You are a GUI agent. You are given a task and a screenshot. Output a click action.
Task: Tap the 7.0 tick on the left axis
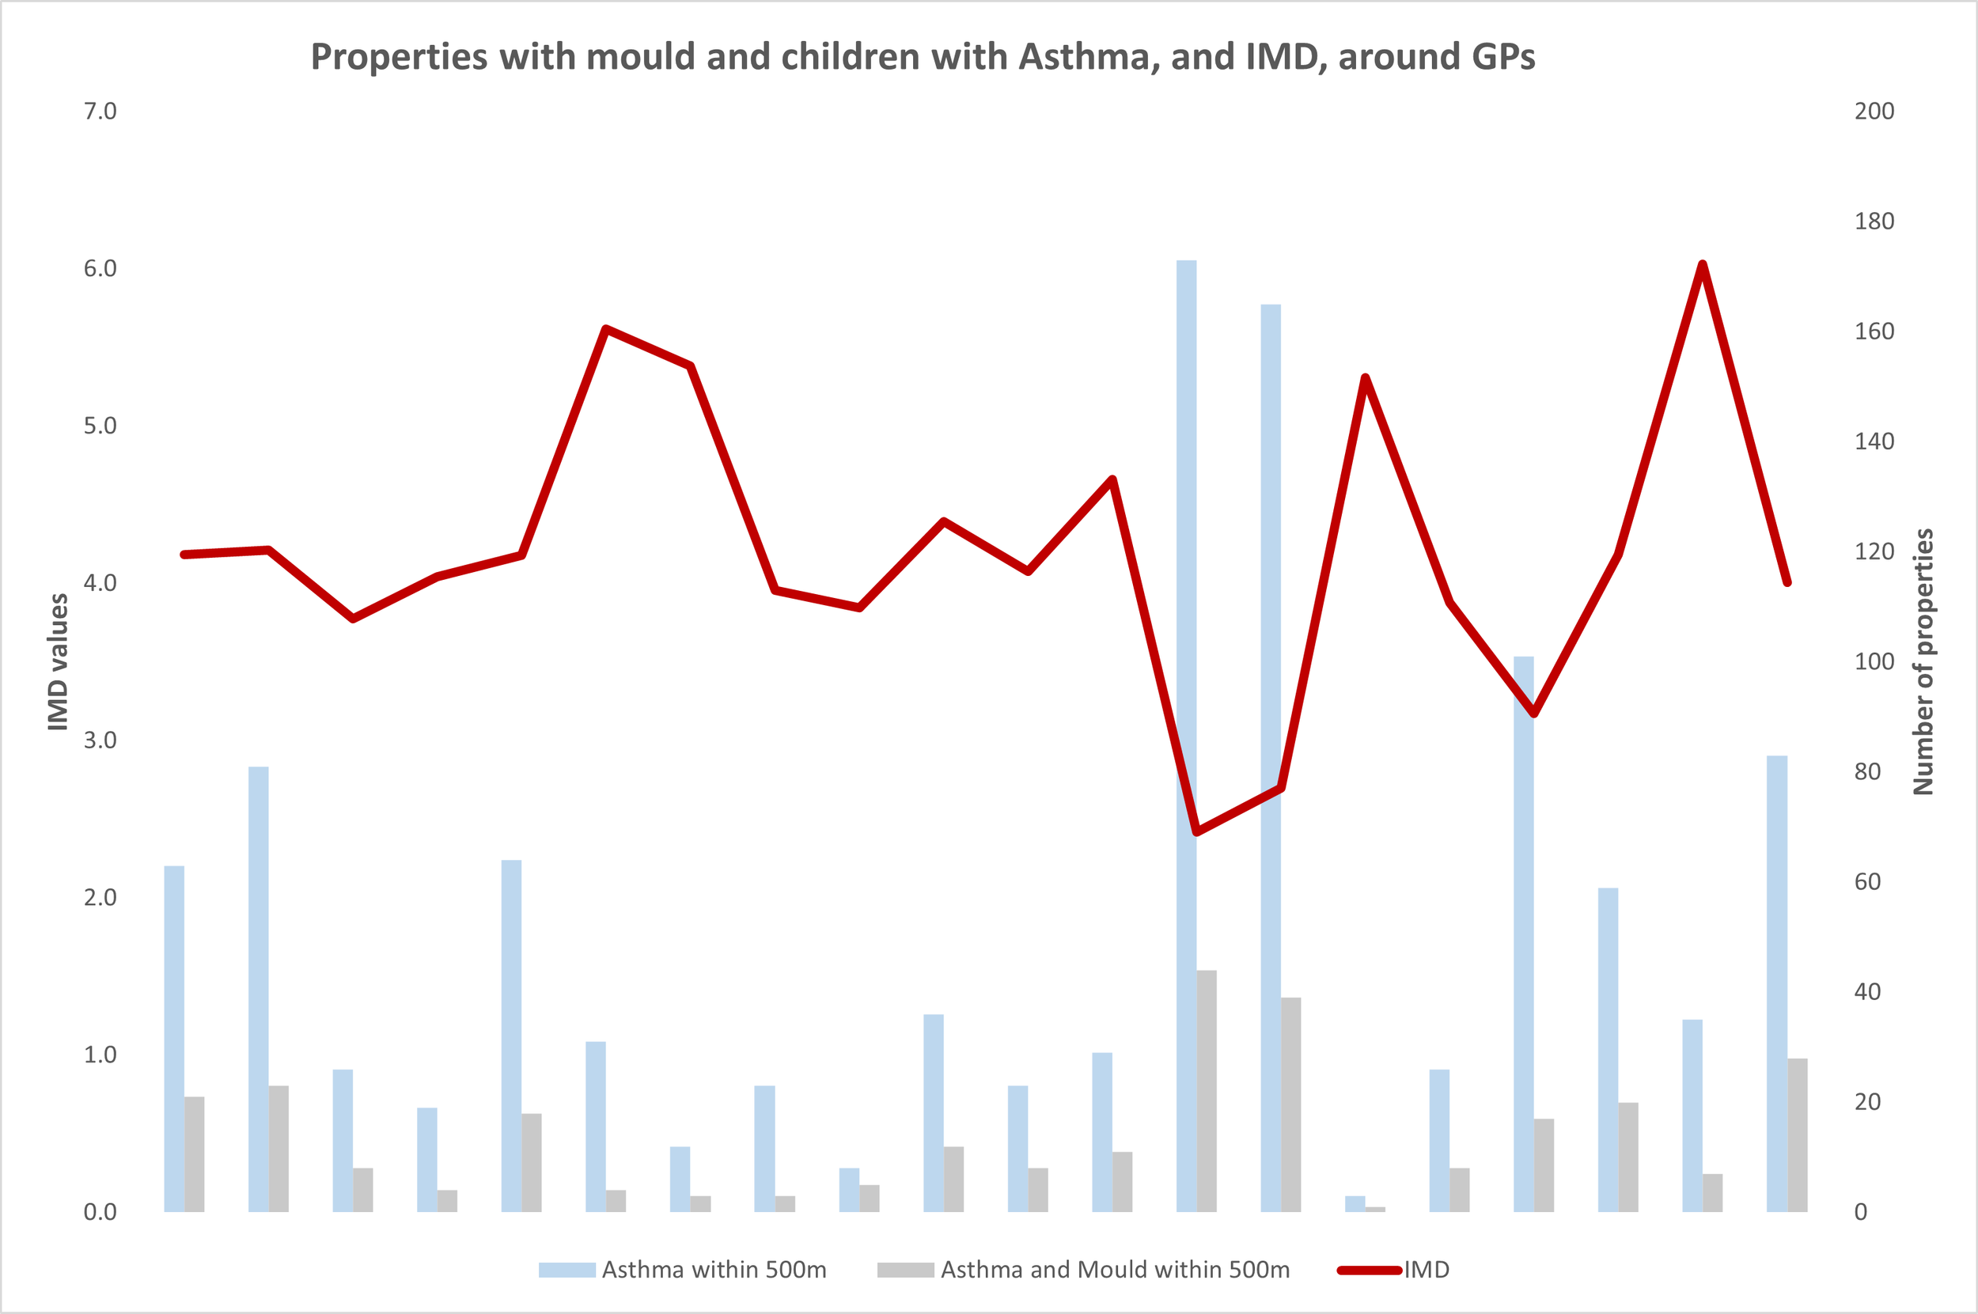coord(100,112)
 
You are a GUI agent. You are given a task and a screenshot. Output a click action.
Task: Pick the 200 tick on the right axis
coord(1874,112)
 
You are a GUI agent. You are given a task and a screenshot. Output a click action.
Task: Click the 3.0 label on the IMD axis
coord(100,740)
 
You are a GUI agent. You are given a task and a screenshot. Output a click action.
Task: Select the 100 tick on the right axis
coord(1874,662)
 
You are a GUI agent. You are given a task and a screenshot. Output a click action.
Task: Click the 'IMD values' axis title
coord(58,662)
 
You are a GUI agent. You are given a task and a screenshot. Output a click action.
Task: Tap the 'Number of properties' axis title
coord(1923,662)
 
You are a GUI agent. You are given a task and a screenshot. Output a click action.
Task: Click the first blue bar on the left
coord(173,1039)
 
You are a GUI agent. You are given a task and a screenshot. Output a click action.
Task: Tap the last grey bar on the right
coord(1797,1135)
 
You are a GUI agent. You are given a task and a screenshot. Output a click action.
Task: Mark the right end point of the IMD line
coord(1787,582)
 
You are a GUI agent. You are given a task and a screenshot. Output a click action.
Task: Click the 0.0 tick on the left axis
coord(100,1212)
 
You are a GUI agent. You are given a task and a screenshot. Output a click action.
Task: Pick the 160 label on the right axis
coord(1874,331)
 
